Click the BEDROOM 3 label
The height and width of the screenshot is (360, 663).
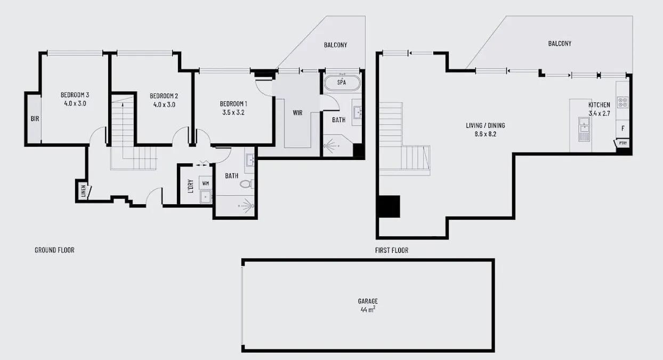point(75,95)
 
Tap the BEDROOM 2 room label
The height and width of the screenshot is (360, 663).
point(164,96)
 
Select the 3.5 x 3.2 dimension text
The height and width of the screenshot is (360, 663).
point(233,113)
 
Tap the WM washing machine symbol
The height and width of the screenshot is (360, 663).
point(205,183)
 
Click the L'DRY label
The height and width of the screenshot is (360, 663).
point(190,188)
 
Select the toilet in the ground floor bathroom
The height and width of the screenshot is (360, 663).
point(246,185)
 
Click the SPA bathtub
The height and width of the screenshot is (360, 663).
point(342,83)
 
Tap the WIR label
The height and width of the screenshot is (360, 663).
point(297,113)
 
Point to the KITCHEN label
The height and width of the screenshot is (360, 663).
point(599,105)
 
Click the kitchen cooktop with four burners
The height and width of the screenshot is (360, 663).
point(622,102)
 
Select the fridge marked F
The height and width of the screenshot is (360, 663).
point(622,129)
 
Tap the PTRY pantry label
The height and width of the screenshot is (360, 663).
point(622,144)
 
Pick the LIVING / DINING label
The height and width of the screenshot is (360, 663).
point(485,126)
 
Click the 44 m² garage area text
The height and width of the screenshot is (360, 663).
point(368,309)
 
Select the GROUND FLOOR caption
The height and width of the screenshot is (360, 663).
point(54,250)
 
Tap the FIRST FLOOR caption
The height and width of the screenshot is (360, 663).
point(392,250)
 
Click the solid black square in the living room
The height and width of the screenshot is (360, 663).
point(388,206)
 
